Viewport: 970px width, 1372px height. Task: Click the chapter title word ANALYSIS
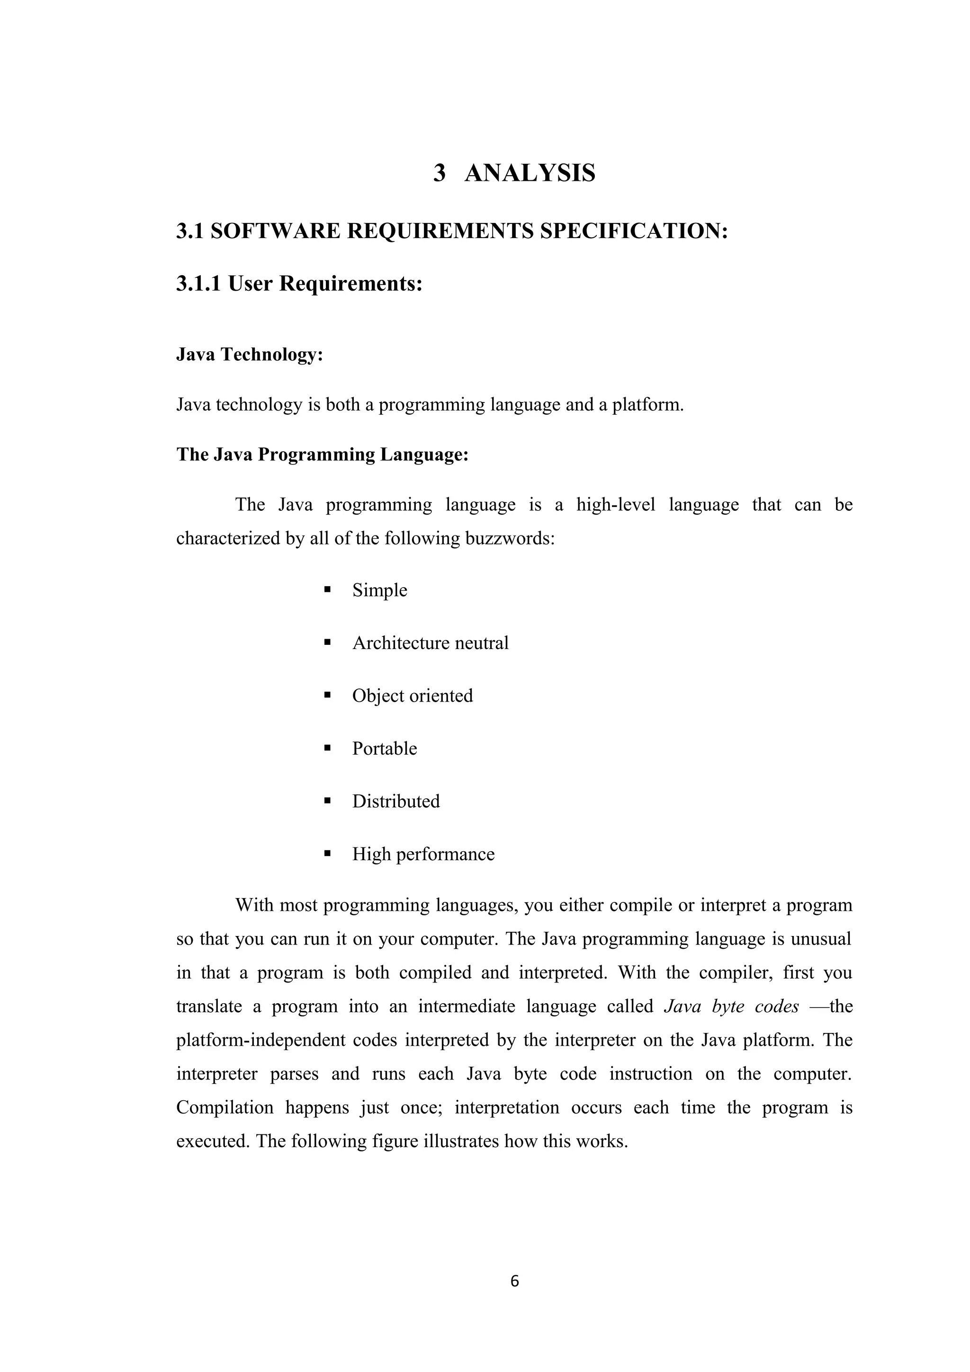pyautogui.click(x=530, y=173)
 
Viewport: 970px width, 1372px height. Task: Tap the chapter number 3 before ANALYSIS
pyautogui.click(x=439, y=173)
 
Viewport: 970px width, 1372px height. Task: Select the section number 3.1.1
pyautogui.click(x=199, y=283)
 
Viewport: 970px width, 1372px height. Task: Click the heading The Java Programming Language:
pyautogui.click(x=322, y=455)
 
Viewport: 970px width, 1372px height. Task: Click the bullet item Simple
pyautogui.click(x=379, y=590)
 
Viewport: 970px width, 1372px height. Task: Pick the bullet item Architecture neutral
pyautogui.click(x=431, y=643)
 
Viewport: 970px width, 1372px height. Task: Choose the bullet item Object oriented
pyautogui.click(x=413, y=695)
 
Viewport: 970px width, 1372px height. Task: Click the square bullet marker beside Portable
pyautogui.click(x=327, y=748)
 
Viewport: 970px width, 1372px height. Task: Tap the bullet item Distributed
pyautogui.click(x=395, y=802)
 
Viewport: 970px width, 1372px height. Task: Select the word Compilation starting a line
pyautogui.click(x=224, y=1108)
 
